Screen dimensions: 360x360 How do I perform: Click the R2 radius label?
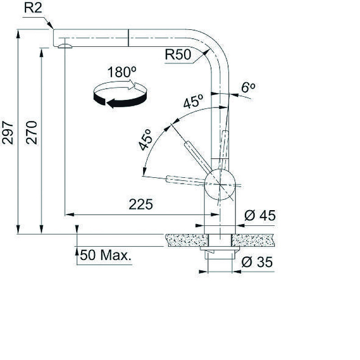click(33, 8)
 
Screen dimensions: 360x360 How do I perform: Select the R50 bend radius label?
click(178, 54)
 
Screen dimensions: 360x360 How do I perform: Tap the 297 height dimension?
click(7, 133)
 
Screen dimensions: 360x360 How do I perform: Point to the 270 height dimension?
click(31, 132)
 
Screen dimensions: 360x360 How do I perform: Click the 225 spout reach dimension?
click(141, 204)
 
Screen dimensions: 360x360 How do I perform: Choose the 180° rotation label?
click(121, 72)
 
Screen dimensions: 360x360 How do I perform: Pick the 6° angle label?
click(248, 87)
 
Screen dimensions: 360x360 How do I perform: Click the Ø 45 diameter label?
click(260, 216)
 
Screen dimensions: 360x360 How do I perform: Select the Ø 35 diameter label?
click(257, 262)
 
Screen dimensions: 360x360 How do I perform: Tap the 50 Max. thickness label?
click(106, 255)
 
